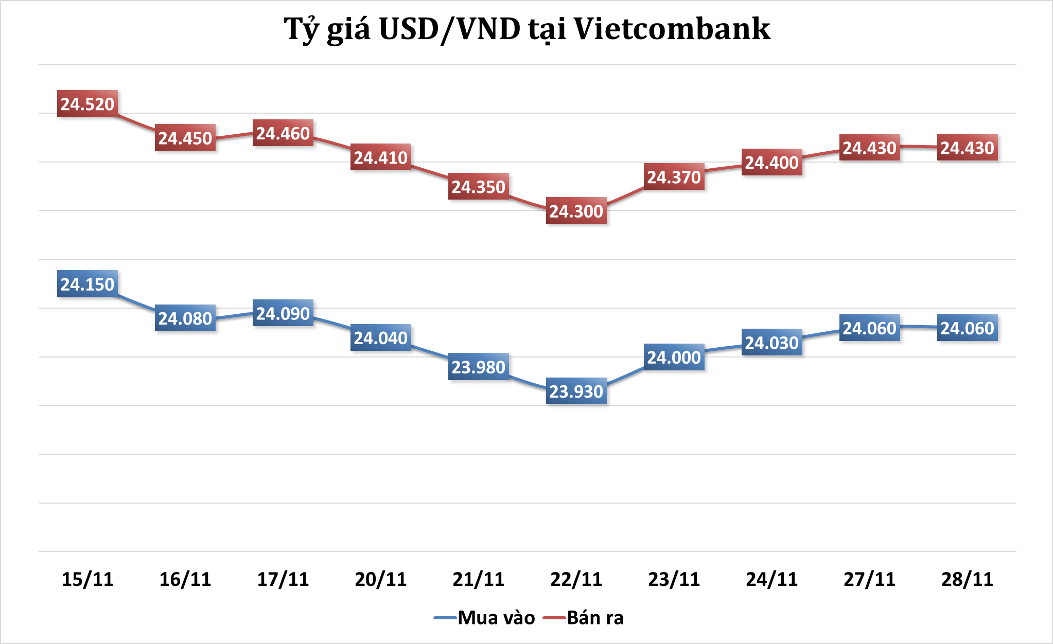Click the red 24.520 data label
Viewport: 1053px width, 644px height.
pyautogui.click(x=87, y=104)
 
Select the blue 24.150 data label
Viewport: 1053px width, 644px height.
pyautogui.click(x=87, y=284)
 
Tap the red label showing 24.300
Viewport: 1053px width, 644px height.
pyautogui.click(x=576, y=211)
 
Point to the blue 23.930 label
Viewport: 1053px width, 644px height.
pyautogui.click(x=576, y=391)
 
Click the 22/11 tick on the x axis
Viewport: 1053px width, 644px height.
pyautogui.click(x=576, y=579)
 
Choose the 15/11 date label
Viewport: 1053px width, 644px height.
pyautogui.click(x=87, y=579)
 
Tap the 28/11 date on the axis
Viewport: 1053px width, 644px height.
pyautogui.click(x=967, y=579)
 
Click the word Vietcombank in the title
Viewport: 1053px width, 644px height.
pyautogui.click(x=672, y=29)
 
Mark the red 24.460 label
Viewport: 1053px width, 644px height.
pyautogui.click(x=283, y=133)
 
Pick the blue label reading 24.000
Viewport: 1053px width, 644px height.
pyautogui.click(x=674, y=357)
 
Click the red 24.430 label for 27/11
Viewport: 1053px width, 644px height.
pyautogui.click(x=869, y=148)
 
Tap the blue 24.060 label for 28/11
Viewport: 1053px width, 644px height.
pyautogui.click(x=967, y=328)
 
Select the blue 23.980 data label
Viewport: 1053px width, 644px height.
pyautogui.click(x=478, y=367)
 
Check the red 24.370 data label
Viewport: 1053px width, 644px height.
pyautogui.click(x=674, y=177)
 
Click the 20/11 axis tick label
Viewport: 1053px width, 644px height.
pyautogui.click(x=380, y=579)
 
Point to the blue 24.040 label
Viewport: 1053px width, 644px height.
pyautogui.click(x=380, y=337)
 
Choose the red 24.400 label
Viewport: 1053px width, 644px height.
pyautogui.click(x=771, y=163)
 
